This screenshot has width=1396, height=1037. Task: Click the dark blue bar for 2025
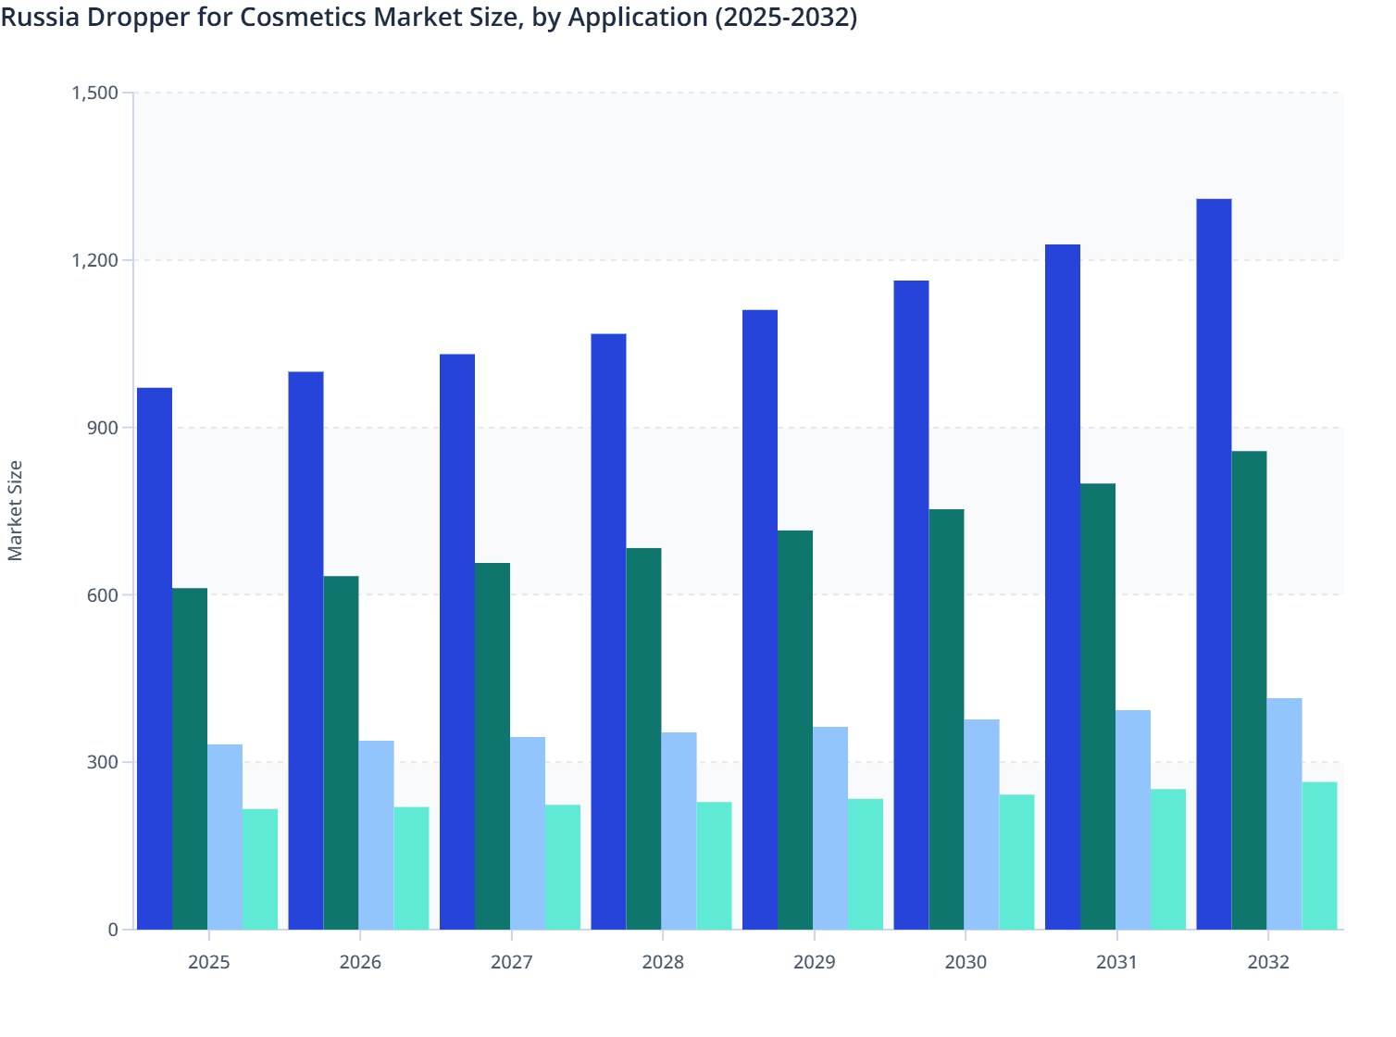coord(155,658)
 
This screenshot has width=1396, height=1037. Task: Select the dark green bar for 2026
coord(341,753)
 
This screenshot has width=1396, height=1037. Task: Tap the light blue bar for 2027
coord(528,833)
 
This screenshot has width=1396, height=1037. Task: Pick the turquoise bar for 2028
coord(714,866)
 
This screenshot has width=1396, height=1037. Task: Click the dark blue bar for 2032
coord(1214,564)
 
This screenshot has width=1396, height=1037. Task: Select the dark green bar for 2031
coord(1098,706)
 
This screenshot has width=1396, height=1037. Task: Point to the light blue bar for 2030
coord(981,824)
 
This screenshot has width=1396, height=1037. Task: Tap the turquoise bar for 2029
coord(866,864)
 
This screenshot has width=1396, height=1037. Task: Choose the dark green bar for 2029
coord(795,730)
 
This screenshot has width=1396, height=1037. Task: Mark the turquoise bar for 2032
coord(1319,856)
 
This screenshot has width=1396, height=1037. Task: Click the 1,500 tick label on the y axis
coord(94,93)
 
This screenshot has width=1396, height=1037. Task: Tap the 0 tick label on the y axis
coord(113,930)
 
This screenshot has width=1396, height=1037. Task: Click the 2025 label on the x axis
coord(209,962)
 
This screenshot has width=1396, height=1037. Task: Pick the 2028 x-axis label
coord(663,962)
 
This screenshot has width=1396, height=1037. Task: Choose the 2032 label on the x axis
coord(1268,962)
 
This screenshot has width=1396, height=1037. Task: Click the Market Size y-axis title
coord(16,510)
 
